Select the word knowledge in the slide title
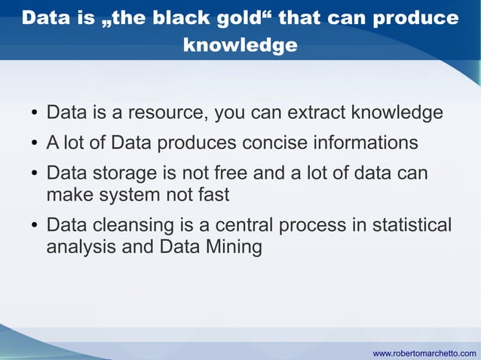coord(240,45)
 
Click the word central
coord(244,226)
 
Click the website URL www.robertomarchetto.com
coord(424,352)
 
